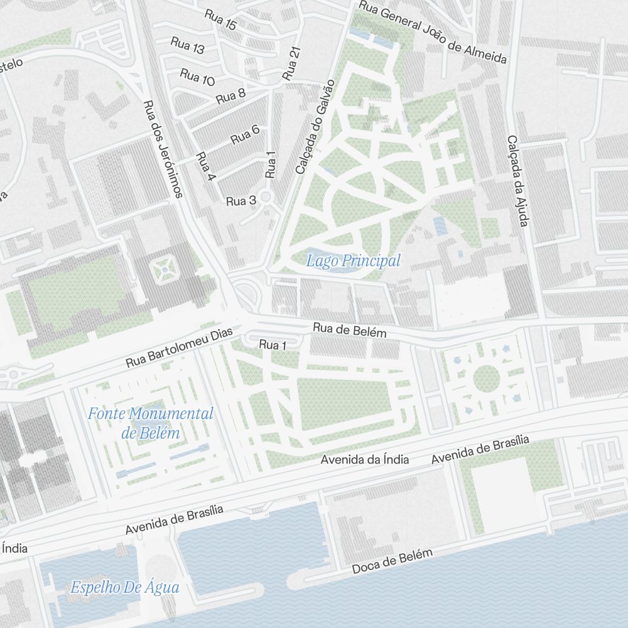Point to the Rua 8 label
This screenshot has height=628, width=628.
(230, 97)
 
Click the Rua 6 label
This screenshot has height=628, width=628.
(245, 134)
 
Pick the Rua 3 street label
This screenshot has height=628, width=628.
(241, 201)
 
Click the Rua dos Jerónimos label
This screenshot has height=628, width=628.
(161, 149)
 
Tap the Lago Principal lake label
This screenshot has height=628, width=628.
(353, 261)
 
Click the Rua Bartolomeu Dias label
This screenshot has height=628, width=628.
(179, 347)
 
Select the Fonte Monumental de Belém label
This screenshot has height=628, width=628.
(151, 423)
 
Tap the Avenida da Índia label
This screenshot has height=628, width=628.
(364, 460)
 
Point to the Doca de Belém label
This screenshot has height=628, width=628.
(392, 561)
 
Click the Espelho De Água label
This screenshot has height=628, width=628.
(124, 588)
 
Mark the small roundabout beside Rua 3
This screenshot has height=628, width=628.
(266, 197)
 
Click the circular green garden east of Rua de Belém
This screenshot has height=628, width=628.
(486, 378)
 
